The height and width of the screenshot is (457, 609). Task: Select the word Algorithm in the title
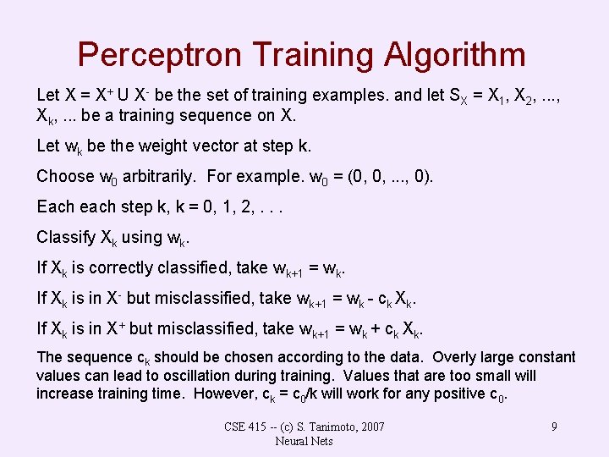click(454, 56)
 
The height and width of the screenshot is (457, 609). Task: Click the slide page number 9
click(554, 427)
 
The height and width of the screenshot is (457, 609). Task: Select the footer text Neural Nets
click(304, 441)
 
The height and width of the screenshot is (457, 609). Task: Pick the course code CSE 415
click(246, 427)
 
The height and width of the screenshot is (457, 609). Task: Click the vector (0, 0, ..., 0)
click(387, 177)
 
